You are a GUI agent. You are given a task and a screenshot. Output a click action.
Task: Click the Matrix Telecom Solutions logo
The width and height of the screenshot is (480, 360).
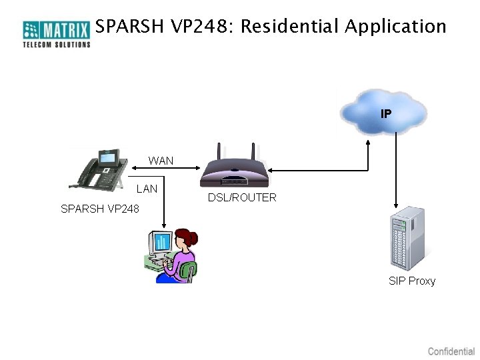tap(56, 33)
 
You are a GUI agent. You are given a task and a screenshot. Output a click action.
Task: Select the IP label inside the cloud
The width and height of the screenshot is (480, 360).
tap(386, 114)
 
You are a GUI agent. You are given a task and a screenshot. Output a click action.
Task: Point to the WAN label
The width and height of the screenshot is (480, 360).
tap(161, 161)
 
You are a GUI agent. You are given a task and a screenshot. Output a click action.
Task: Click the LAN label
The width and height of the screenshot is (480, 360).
tap(147, 189)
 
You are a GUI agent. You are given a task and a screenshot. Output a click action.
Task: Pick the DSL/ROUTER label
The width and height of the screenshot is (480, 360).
tap(242, 197)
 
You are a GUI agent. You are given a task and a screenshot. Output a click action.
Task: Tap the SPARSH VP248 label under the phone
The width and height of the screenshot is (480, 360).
tap(100, 209)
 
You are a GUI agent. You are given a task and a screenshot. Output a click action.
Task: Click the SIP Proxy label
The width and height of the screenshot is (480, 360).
tap(412, 281)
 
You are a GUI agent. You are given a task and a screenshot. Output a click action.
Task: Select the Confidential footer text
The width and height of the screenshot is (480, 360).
tap(451, 351)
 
